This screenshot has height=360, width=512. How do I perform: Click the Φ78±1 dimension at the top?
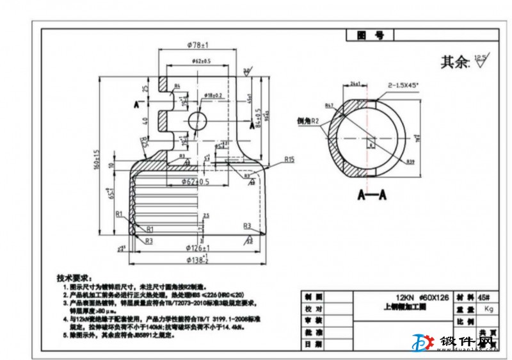click(x=199, y=45)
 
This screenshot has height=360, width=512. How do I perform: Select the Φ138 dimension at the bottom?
click(x=198, y=259)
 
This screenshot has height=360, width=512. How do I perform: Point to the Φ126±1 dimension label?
click(x=199, y=247)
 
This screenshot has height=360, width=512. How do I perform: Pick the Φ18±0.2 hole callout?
click(x=213, y=95)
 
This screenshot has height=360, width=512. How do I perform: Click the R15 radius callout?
click(x=289, y=160)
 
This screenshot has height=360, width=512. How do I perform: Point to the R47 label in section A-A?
click(x=330, y=104)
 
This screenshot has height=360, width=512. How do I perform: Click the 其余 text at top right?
click(x=455, y=63)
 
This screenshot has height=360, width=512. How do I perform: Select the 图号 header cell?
click(x=371, y=36)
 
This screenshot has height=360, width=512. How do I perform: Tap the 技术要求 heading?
click(x=74, y=279)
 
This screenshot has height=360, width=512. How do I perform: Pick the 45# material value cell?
click(x=483, y=297)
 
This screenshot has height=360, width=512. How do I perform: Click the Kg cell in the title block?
click(x=490, y=309)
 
